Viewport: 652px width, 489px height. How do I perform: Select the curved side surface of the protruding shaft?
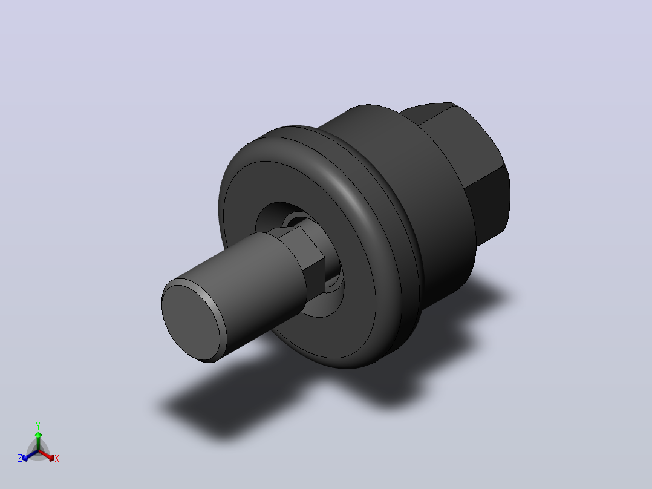point(246,287)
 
